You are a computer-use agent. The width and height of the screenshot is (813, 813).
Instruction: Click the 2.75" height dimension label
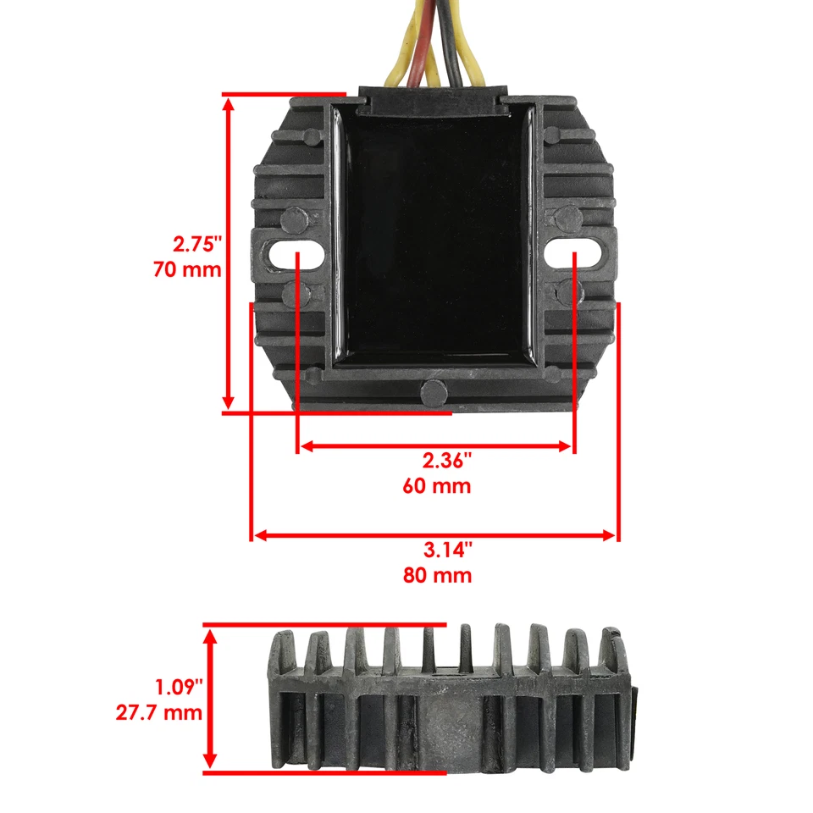196,246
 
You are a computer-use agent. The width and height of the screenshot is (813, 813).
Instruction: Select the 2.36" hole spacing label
446,462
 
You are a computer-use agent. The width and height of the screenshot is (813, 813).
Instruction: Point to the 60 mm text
437,487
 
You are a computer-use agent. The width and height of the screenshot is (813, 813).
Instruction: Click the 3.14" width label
447,550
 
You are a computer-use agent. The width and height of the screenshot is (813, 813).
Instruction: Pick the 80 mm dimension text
438,576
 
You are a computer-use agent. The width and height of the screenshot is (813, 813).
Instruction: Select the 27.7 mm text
159,711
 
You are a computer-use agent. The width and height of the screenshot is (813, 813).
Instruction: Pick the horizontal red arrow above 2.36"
436,445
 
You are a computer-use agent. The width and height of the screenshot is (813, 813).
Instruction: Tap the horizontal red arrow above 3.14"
434,535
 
